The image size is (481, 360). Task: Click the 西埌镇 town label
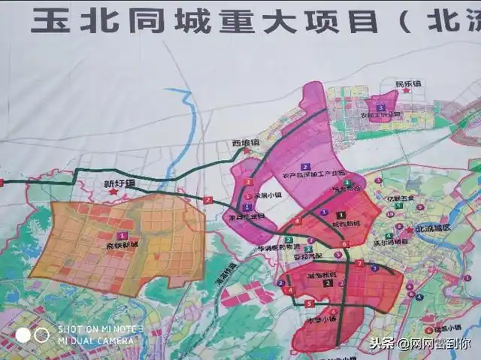[x=244, y=142]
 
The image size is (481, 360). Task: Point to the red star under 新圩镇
[x=113, y=192]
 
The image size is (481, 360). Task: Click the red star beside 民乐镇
[x=407, y=91]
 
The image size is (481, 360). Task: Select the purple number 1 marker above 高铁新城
[x=122, y=235]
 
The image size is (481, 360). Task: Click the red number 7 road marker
[x=359, y=263]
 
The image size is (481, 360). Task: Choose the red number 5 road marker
[x=310, y=303]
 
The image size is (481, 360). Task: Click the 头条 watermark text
[x=383, y=343]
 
